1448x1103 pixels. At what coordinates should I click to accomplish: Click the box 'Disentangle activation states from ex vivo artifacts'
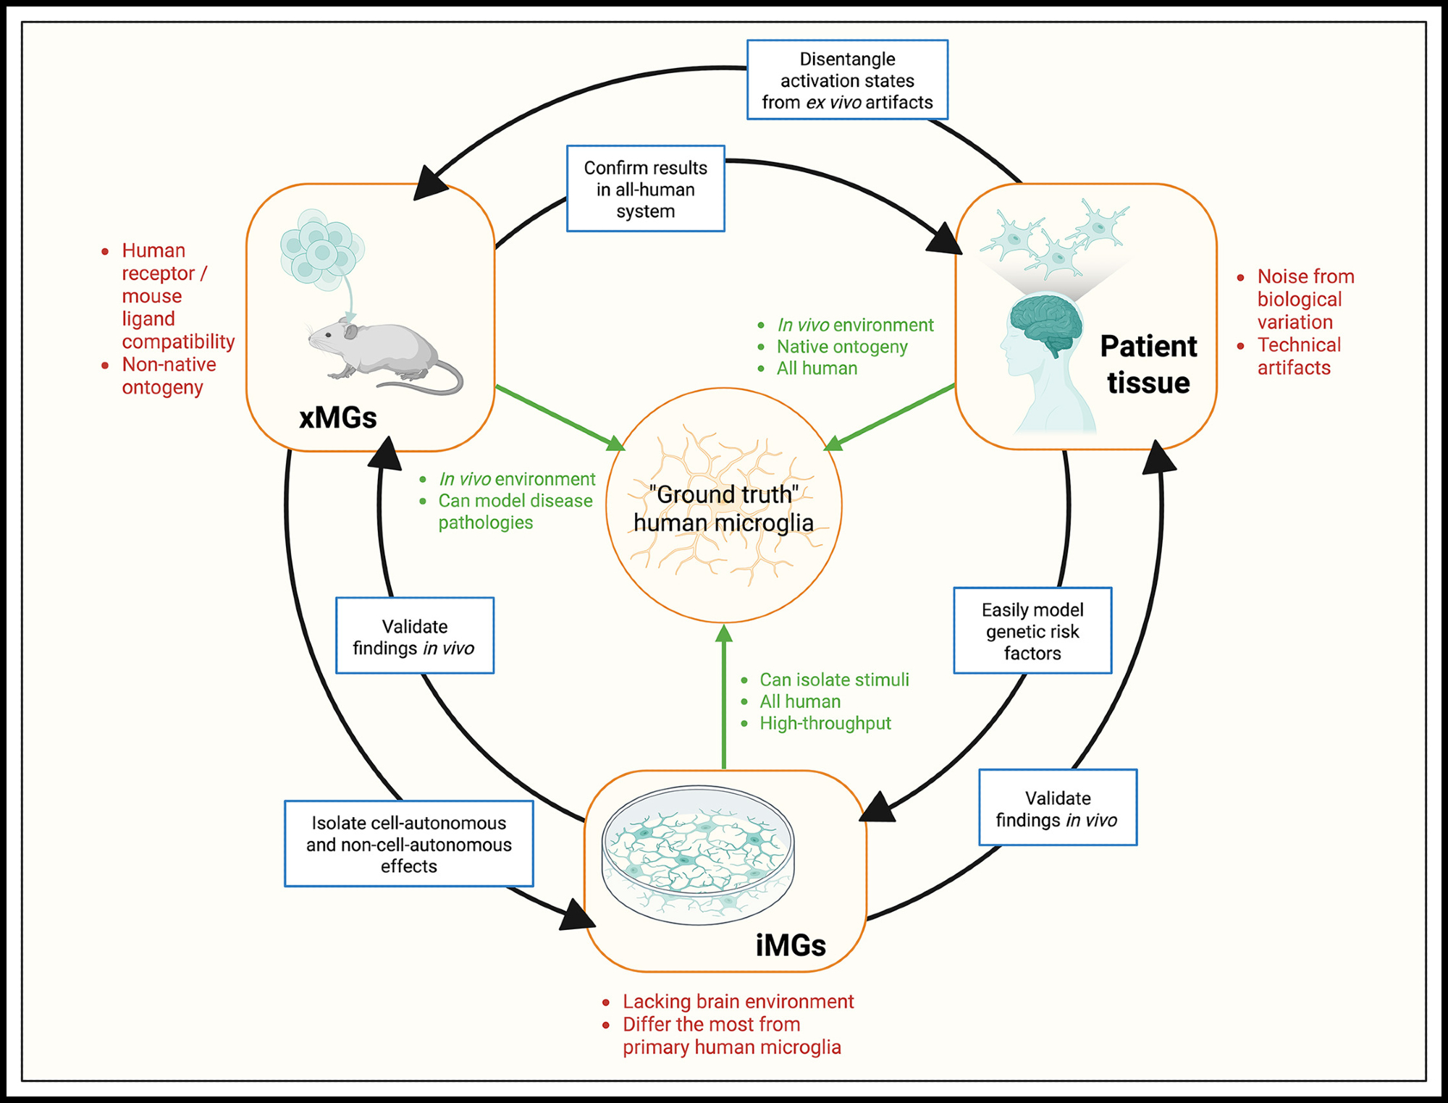tap(847, 80)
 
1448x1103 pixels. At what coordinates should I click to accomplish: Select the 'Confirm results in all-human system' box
tap(645, 189)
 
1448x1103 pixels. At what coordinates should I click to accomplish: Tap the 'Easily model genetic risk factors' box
tap(1032, 631)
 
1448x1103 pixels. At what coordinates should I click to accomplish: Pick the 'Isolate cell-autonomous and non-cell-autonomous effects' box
tap(408, 844)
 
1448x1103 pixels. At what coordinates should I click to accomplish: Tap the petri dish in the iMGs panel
tap(698, 854)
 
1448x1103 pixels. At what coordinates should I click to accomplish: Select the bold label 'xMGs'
tap(338, 418)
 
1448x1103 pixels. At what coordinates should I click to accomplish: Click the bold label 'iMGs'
tap(791, 945)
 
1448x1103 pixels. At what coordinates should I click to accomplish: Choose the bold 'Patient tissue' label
tap(1148, 364)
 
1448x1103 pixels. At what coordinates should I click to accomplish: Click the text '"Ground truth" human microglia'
tap(723, 508)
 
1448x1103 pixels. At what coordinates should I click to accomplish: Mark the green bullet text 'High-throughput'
tap(825, 723)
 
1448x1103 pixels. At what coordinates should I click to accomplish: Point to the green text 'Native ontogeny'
tap(841, 347)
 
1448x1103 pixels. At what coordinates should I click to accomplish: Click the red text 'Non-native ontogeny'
tap(168, 376)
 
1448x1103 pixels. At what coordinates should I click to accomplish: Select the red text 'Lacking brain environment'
tap(738, 1002)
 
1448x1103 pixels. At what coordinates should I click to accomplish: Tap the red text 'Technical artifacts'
tap(1298, 356)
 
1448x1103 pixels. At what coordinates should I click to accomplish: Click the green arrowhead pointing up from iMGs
tap(723, 634)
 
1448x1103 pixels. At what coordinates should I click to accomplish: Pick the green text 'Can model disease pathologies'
tap(515, 511)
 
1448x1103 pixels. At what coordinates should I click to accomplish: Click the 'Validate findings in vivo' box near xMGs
tap(415, 636)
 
